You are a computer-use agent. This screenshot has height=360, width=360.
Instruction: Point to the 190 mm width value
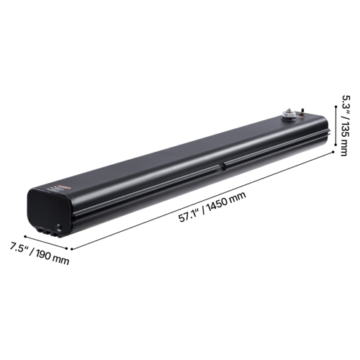coord(55,255)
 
